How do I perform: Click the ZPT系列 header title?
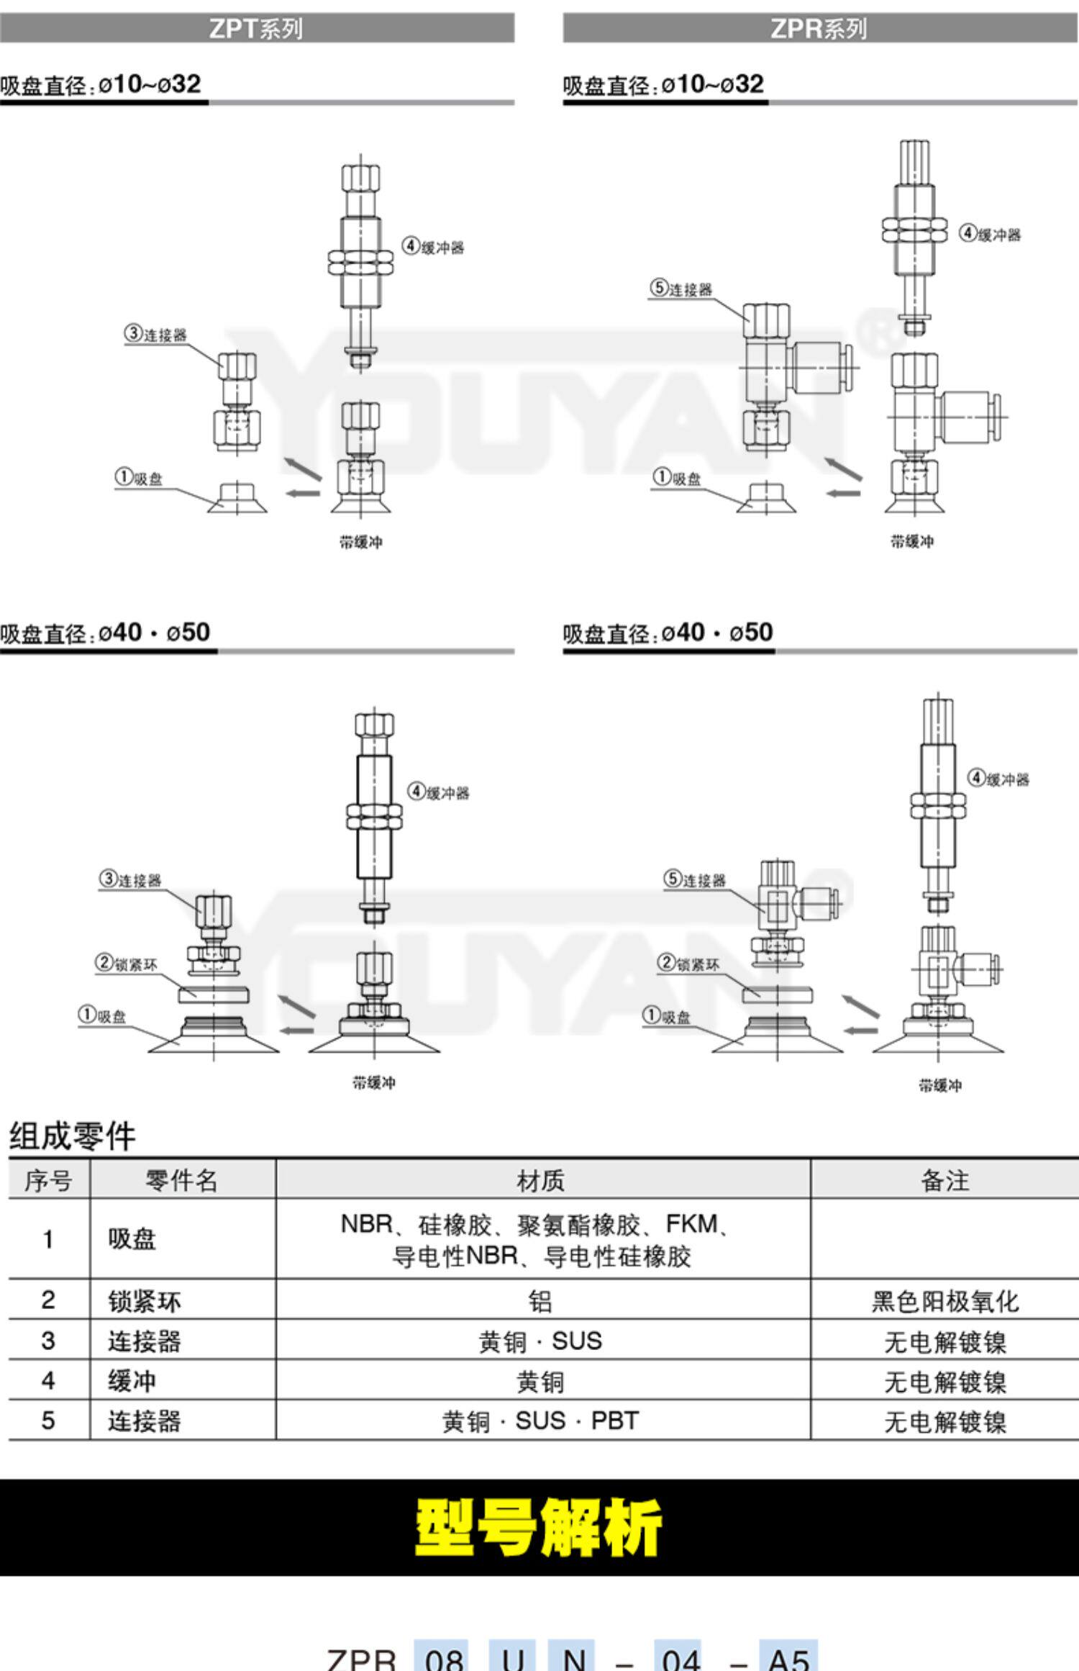click(255, 29)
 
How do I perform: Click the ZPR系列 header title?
click(818, 29)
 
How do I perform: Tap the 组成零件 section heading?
click(72, 1136)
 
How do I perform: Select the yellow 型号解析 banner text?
click(538, 1528)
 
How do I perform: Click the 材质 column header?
click(541, 1181)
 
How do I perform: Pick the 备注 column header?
click(944, 1181)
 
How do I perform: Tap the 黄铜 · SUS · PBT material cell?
click(541, 1421)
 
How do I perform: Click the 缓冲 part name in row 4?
click(132, 1381)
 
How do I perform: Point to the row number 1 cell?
click(48, 1239)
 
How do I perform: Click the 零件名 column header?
click(181, 1181)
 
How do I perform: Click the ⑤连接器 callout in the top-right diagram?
click(680, 289)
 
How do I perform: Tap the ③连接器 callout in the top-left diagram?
click(155, 334)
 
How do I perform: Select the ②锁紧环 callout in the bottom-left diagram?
click(127, 964)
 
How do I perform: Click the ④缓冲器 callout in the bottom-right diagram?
click(999, 779)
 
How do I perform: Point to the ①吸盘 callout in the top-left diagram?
click(139, 478)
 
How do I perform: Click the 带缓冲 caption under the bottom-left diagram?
click(373, 1082)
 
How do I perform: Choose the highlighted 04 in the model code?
click(680, 1657)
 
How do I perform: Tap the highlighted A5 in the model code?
click(788, 1657)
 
